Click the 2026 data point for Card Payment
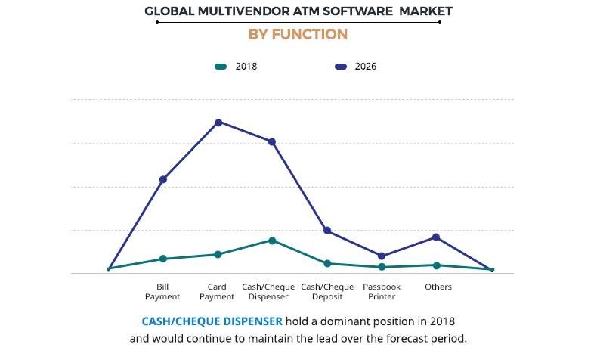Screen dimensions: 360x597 click(x=218, y=123)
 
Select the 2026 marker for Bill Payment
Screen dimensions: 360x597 click(x=163, y=179)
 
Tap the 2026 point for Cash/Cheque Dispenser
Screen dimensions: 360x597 click(x=272, y=142)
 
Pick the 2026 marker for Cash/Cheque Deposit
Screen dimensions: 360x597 click(x=327, y=231)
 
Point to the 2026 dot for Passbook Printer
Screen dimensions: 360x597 click(x=382, y=256)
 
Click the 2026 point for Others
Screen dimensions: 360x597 click(x=437, y=237)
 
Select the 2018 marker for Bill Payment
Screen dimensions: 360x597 click(x=163, y=259)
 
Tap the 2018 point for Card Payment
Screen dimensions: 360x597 click(x=218, y=254)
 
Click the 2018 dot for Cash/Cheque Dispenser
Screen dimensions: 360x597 click(x=272, y=241)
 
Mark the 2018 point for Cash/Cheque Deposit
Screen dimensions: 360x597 click(x=327, y=263)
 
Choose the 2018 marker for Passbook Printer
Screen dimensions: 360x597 click(x=382, y=267)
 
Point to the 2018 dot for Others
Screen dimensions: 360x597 click(x=437, y=265)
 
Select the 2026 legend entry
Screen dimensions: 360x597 click(x=355, y=67)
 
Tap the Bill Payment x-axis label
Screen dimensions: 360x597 click(x=162, y=292)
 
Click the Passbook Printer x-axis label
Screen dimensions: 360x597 click(x=382, y=292)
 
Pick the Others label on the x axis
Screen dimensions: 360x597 click(x=438, y=287)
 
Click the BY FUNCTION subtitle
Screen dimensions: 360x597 click(x=298, y=34)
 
